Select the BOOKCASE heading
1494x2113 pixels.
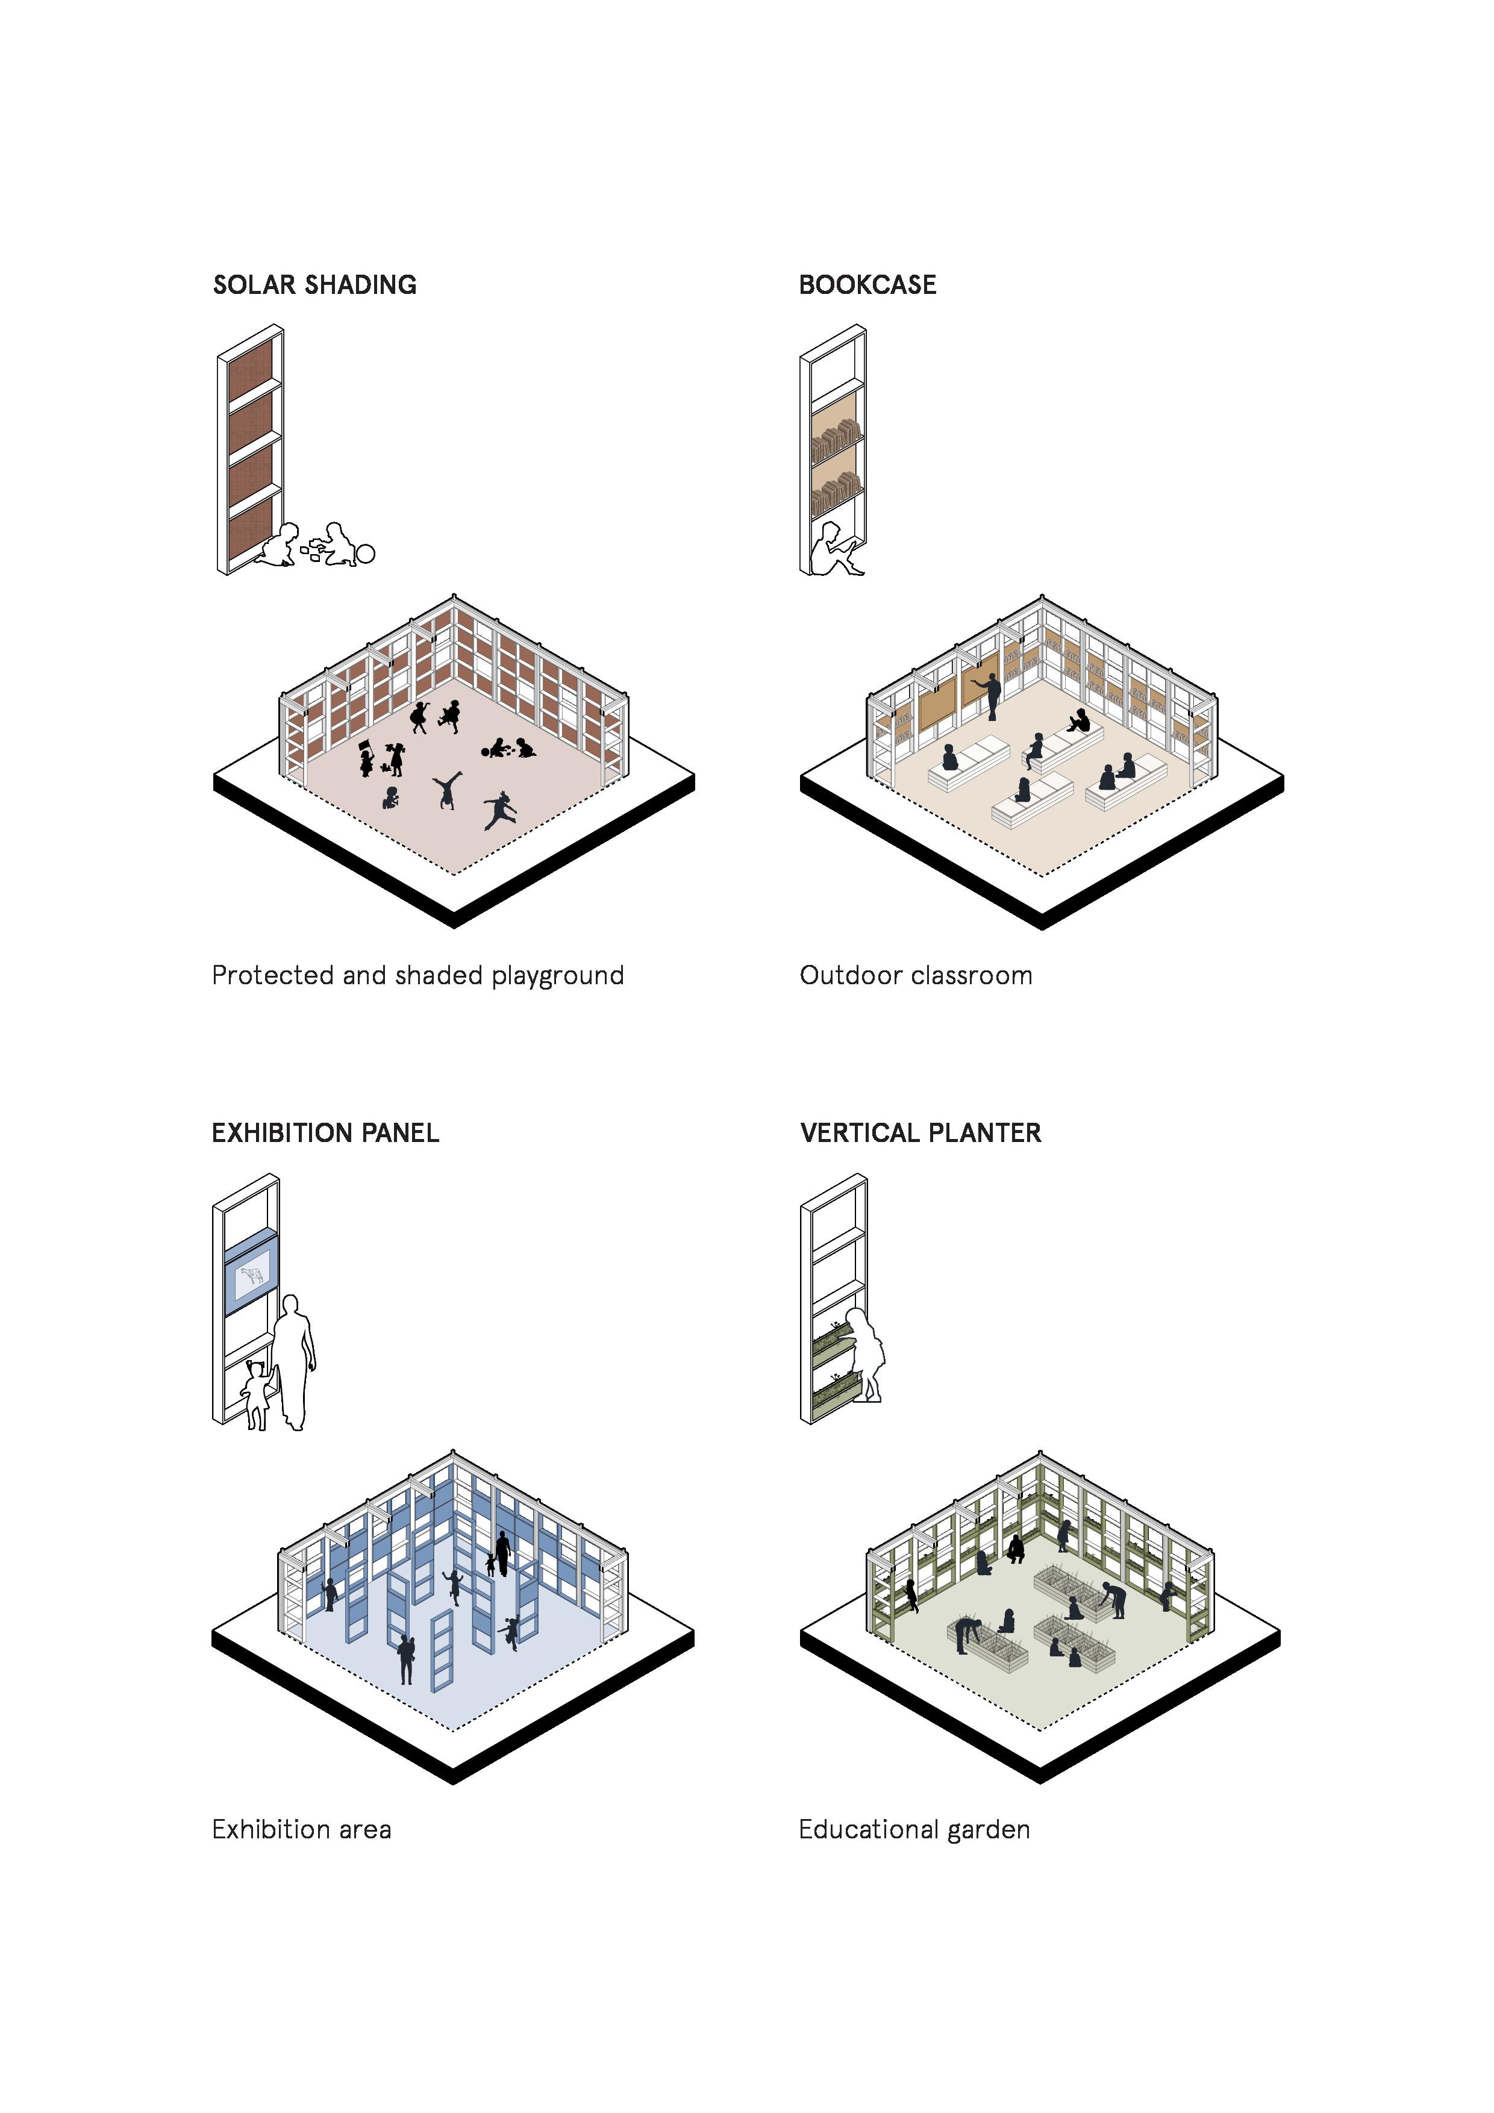pos(867,286)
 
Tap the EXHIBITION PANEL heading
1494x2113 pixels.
pos(325,1133)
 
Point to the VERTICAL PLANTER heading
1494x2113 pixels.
pos(920,1133)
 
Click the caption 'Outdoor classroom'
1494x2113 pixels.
pos(916,976)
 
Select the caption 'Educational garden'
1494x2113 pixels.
pos(914,1829)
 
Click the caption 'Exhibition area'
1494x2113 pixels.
pos(301,1829)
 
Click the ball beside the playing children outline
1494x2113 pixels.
pos(366,554)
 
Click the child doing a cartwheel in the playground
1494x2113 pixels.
pos(448,788)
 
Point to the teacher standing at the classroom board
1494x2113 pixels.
pos(992,696)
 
